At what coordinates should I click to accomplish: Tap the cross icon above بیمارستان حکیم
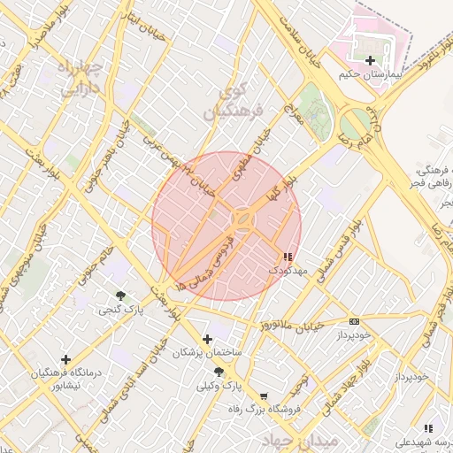click(x=369, y=60)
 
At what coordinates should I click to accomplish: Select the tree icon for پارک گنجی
click(x=120, y=295)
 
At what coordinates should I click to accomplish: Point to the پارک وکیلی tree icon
click(x=219, y=372)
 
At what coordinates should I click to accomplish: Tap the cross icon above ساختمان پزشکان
click(x=207, y=339)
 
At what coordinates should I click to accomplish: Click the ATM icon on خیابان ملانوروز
click(x=354, y=321)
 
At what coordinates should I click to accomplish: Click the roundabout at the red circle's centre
click(x=242, y=218)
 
